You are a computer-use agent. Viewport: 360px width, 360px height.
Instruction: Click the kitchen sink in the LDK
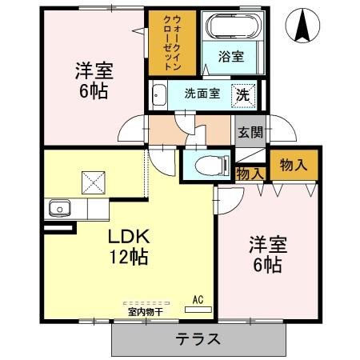click(x=58, y=209)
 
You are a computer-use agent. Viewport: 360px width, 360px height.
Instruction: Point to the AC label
click(x=198, y=299)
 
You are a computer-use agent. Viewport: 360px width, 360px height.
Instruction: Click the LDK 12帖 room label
click(x=126, y=247)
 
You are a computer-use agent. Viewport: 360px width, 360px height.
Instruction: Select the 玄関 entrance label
click(x=250, y=133)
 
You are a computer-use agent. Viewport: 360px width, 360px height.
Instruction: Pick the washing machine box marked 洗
click(x=243, y=94)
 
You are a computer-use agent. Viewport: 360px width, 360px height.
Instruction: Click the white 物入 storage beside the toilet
click(x=250, y=172)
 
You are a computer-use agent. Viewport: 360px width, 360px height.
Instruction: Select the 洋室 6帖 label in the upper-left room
click(x=93, y=79)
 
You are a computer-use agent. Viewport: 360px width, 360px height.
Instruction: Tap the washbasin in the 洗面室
click(x=158, y=94)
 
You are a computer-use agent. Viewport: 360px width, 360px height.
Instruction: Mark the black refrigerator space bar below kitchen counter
click(x=62, y=228)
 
